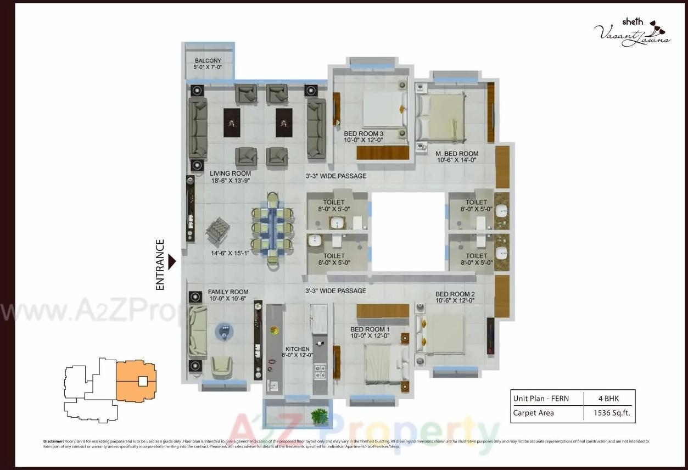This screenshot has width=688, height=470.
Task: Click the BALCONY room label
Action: coord(208,61)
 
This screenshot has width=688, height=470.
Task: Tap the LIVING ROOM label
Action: coord(230,174)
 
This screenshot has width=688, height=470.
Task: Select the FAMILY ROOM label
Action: coord(228,292)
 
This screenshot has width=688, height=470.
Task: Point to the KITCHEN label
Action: coord(298,349)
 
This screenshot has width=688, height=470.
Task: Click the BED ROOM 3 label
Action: coord(363,134)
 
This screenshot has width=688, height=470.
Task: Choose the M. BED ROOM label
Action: coord(457,154)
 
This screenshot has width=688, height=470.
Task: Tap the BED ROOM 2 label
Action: coord(455,294)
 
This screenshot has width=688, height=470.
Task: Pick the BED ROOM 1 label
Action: coord(370,329)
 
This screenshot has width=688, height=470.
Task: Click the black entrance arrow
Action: coord(172,262)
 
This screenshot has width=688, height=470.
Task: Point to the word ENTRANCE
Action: coord(160,265)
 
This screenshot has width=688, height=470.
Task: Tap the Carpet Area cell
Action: coord(533,413)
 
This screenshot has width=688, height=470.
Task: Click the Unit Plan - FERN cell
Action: coord(541,399)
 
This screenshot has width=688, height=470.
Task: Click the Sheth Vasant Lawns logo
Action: coord(633,32)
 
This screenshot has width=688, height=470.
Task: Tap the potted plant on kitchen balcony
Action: coord(319,416)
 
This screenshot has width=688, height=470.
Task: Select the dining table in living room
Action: coord(273,230)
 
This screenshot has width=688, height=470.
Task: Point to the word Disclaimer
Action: coord(53,441)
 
